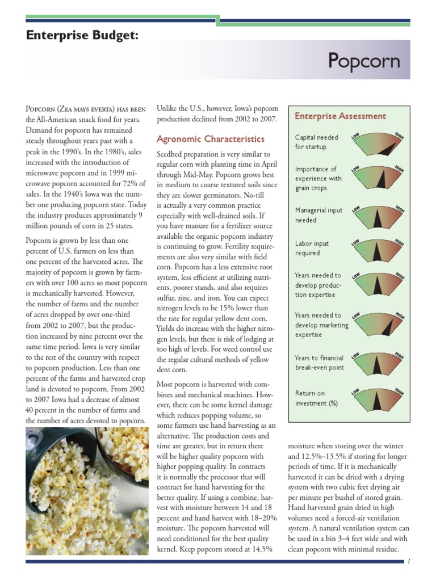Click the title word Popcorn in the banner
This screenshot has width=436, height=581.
pos(363,61)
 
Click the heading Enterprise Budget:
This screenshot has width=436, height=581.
pos(82,36)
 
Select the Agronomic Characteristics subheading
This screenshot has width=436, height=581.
pos(210,138)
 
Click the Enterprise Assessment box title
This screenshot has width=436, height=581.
pos(340,116)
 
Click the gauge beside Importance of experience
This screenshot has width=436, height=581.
pos(378,178)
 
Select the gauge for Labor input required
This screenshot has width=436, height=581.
pos(378,250)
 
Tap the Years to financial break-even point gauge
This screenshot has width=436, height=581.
pos(378,365)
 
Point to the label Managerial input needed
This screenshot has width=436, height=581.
pos(318,215)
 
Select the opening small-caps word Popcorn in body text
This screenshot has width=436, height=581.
pos(41,109)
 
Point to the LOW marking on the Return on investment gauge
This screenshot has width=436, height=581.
pos(355,391)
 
